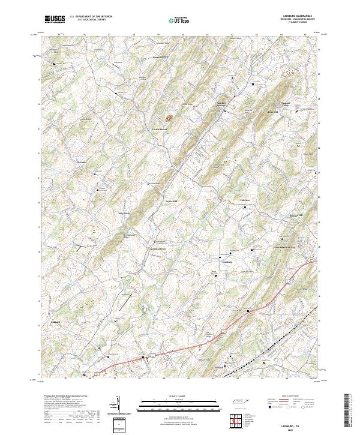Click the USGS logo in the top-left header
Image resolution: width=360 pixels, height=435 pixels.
click(x=55, y=19)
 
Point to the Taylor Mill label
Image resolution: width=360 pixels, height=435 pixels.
click(x=172, y=201)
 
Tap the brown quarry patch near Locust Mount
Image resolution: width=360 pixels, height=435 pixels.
click(x=169, y=118)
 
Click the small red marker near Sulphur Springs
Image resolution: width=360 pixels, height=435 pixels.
click(x=236, y=95)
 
